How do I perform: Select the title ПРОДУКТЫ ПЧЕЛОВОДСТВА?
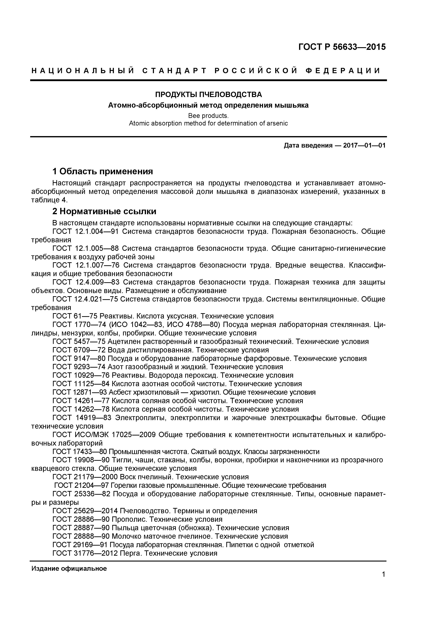[208, 95]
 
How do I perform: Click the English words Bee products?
[208, 116]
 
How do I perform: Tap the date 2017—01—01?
[364, 146]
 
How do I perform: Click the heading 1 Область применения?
[103, 171]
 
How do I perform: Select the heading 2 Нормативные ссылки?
[104, 211]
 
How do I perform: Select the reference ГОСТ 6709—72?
[79, 350]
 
